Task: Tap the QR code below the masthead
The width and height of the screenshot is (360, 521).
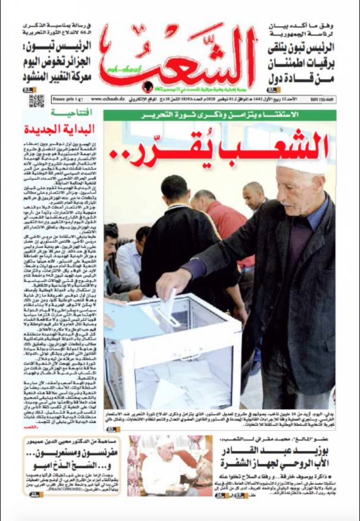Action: click(37, 100)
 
